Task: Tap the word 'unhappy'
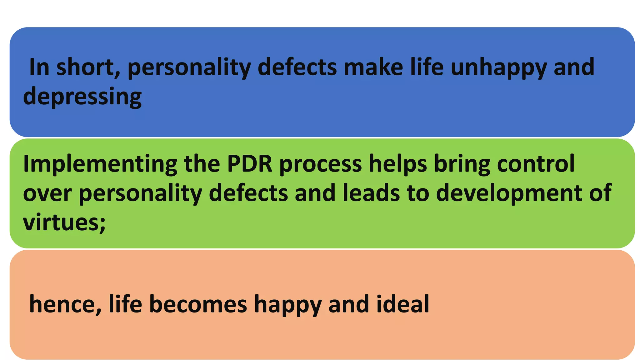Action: point(499,68)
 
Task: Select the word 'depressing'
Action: point(82,97)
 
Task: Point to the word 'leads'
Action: point(371,193)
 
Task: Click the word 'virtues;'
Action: point(64,222)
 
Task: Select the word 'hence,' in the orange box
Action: point(65,304)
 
